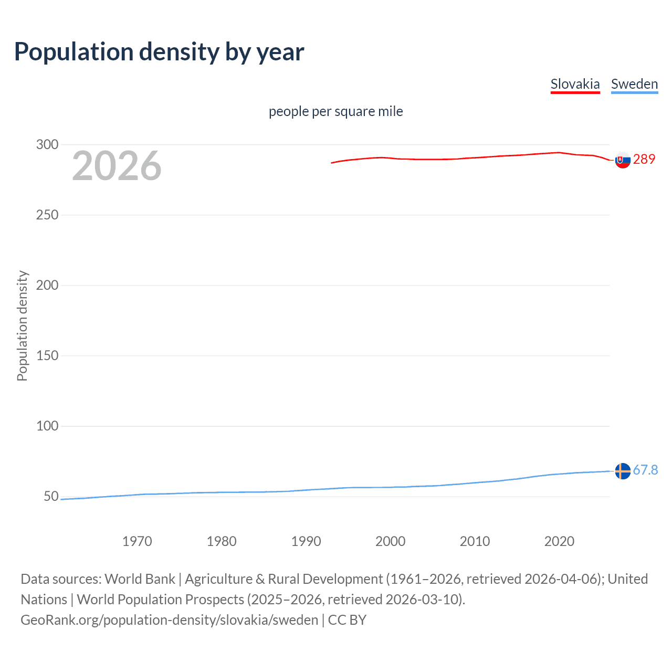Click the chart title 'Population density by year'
click(x=159, y=52)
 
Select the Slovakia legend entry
click(x=575, y=84)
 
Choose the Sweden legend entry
click(x=634, y=84)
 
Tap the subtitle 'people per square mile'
click(x=335, y=111)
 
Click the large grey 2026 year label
click(x=117, y=166)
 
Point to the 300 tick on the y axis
click(x=47, y=144)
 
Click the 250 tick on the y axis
click(x=47, y=215)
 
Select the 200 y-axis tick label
click(x=47, y=285)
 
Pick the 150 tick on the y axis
click(x=47, y=355)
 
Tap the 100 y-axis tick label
click(x=47, y=426)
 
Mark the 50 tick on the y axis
click(x=51, y=496)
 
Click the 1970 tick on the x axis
click(x=137, y=541)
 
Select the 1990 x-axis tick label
click(x=306, y=541)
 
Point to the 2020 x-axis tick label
click(x=559, y=541)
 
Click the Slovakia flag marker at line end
click(x=623, y=160)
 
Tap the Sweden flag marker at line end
click(x=623, y=471)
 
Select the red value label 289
click(x=644, y=159)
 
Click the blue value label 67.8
click(x=645, y=470)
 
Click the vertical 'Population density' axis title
click(x=22, y=325)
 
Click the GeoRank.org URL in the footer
click(x=169, y=620)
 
